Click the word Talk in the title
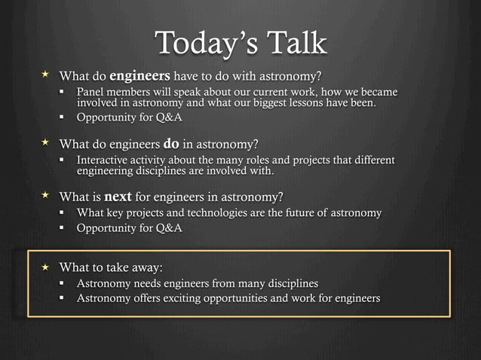coord(295,43)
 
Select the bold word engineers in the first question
coord(140,75)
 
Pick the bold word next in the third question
coord(118,197)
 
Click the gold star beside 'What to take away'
coord(44,267)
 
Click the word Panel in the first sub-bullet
coord(92,92)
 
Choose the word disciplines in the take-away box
coord(289,283)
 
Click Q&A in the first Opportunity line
coord(167,118)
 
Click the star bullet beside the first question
coord(44,75)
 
